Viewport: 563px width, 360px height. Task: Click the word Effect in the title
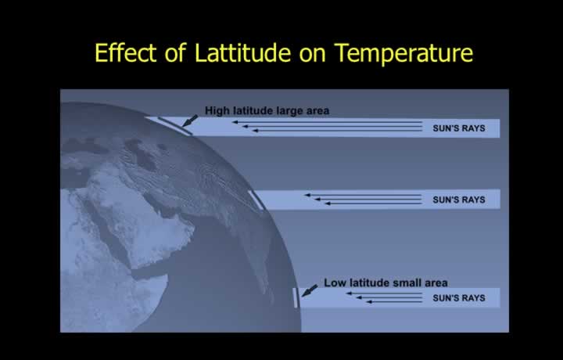point(126,52)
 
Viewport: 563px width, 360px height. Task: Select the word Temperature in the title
point(403,53)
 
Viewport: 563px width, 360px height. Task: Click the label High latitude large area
point(267,110)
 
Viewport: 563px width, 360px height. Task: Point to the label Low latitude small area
point(385,283)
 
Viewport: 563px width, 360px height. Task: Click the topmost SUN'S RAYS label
point(459,128)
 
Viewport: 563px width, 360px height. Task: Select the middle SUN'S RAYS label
point(459,200)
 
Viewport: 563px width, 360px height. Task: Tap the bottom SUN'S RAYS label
point(459,298)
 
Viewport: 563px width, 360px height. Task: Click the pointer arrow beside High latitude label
point(189,121)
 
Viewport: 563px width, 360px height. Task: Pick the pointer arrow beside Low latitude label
point(309,290)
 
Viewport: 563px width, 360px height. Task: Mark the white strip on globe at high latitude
point(175,126)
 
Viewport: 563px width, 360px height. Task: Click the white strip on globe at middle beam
point(256,200)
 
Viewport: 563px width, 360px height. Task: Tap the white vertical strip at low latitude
point(296,298)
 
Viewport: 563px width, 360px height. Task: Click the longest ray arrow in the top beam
point(327,122)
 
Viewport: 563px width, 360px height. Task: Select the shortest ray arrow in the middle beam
point(374,203)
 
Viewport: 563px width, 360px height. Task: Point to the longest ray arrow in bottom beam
point(384,293)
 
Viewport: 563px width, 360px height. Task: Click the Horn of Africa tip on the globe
point(167,276)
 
